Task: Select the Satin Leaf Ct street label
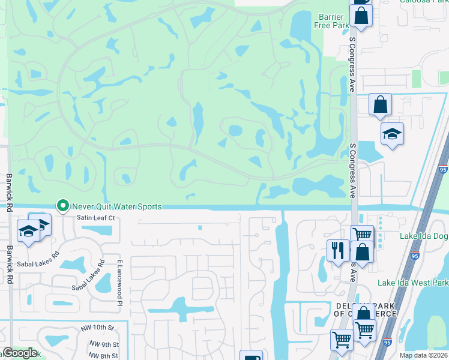point(95,218)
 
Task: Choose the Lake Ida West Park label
point(412,283)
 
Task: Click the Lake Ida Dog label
point(424,236)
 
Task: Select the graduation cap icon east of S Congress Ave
point(391,134)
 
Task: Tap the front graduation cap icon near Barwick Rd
point(28,231)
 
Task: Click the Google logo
point(20,353)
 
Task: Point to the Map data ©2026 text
point(424,355)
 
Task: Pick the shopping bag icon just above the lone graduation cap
point(380,104)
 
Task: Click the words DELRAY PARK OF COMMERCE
point(365,310)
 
